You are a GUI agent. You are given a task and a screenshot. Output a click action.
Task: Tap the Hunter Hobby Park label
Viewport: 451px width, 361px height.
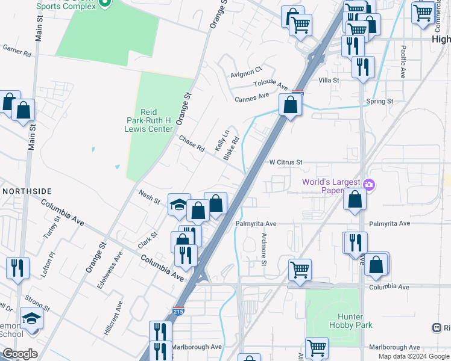point(350,321)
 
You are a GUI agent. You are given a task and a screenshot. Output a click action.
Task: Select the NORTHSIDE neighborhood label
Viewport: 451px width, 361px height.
point(27,191)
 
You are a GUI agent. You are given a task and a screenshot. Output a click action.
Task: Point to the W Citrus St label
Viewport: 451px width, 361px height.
point(285,162)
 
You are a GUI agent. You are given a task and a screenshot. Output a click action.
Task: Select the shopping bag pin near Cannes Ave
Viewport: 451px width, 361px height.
point(291,106)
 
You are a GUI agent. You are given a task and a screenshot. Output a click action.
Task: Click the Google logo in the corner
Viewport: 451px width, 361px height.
point(20,354)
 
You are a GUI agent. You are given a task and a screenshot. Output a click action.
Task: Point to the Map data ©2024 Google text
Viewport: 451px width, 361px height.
point(413,356)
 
